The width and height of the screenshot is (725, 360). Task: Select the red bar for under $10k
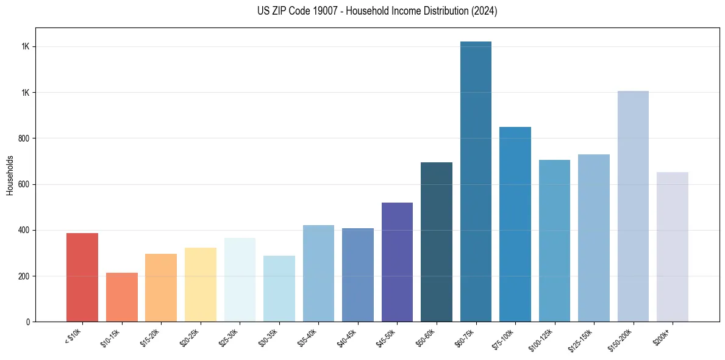pos(82,278)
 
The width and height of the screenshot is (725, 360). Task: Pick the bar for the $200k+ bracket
pos(672,247)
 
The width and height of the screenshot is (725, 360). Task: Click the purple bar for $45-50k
pos(397,262)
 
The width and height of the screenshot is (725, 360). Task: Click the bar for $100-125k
pos(554,241)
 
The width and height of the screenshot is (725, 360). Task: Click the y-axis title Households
pos(10,175)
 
